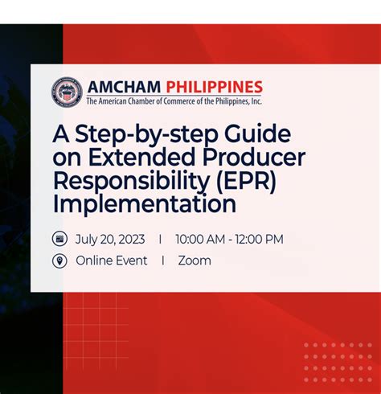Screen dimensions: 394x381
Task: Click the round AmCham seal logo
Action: coord(67,92)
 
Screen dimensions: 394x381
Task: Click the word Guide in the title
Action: coord(256,133)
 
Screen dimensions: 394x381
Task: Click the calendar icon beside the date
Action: coord(59,239)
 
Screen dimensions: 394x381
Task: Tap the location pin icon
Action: coord(59,261)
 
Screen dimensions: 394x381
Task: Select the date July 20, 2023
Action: coord(110,239)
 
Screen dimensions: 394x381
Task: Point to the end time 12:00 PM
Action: coord(260,239)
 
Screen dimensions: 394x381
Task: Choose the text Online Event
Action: coord(111,261)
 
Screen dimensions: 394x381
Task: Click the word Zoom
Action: coord(195,261)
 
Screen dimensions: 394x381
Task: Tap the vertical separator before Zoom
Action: coord(162,261)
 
